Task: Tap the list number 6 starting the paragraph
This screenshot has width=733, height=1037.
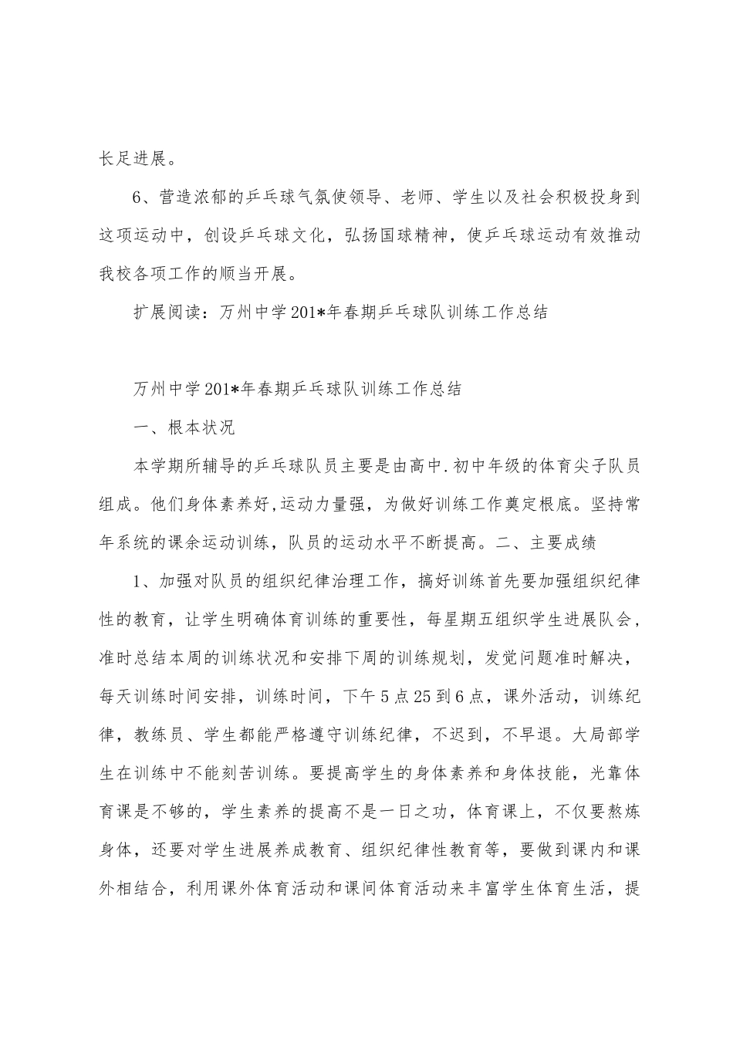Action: (138, 198)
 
